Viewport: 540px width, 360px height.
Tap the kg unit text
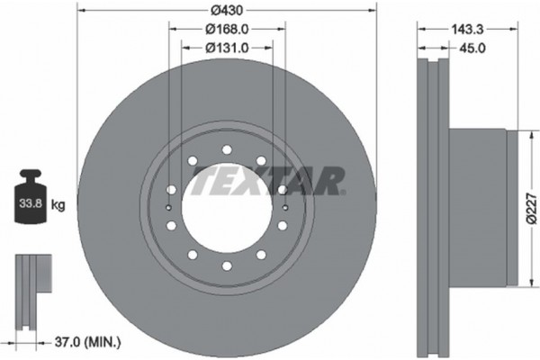(58, 205)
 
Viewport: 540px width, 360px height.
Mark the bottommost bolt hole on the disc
(226, 267)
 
